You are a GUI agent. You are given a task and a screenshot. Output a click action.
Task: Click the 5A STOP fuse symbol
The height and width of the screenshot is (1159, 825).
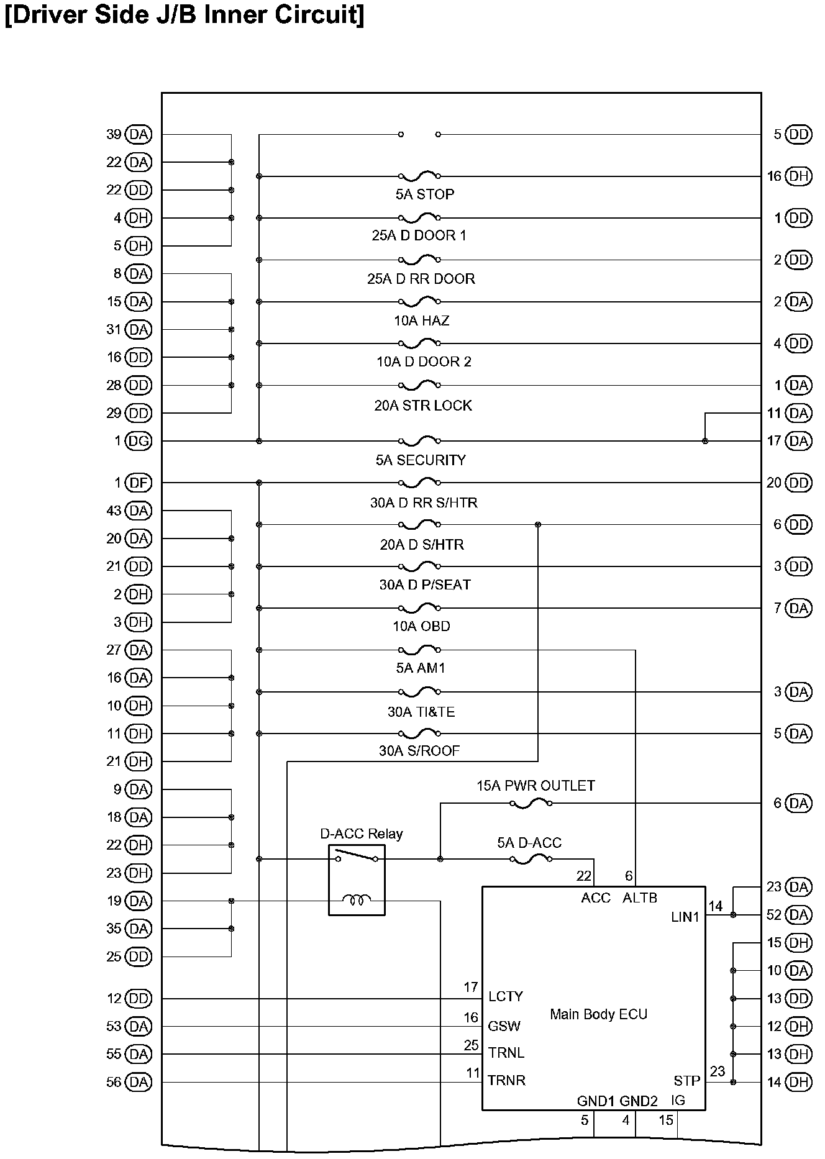click(419, 176)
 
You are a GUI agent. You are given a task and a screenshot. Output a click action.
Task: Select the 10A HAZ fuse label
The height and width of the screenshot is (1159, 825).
click(421, 320)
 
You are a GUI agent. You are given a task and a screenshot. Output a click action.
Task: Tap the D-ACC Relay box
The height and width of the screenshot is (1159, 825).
click(357, 879)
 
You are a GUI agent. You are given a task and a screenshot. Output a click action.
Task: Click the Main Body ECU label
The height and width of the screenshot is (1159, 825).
click(598, 1014)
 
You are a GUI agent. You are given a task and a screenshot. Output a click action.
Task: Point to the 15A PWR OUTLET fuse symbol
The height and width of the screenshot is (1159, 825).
click(531, 803)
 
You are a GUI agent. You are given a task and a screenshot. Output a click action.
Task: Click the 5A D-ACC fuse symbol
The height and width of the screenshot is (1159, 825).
click(531, 859)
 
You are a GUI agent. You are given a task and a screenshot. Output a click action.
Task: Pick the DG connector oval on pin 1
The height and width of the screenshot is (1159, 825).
click(139, 441)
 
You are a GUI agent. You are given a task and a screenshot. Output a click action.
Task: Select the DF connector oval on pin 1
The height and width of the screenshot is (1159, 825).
click(139, 483)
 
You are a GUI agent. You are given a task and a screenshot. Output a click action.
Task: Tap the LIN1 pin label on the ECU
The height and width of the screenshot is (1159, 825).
click(685, 917)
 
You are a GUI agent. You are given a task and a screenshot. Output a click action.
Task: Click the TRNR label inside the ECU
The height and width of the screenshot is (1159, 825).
click(506, 1080)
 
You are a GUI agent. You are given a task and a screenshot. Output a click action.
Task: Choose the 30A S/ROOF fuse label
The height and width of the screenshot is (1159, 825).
click(419, 751)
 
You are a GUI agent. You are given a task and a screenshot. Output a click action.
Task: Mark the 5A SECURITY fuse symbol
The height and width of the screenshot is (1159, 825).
click(419, 441)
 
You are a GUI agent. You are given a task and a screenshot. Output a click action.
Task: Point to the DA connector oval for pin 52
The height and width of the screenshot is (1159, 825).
click(799, 915)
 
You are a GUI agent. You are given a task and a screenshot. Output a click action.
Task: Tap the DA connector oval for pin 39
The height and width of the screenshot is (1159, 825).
click(139, 134)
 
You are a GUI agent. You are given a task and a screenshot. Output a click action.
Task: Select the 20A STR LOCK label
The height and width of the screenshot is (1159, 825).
click(423, 406)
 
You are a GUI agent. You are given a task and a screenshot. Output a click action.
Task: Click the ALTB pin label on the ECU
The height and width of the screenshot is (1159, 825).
click(639, 898)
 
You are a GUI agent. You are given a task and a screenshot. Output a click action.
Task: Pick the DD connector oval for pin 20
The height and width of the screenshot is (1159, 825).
click(799, 483)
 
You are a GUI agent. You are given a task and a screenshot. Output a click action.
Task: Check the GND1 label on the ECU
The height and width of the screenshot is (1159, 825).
click(595, 1101)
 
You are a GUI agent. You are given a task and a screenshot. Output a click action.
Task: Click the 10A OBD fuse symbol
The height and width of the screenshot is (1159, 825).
click(419, 607)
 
